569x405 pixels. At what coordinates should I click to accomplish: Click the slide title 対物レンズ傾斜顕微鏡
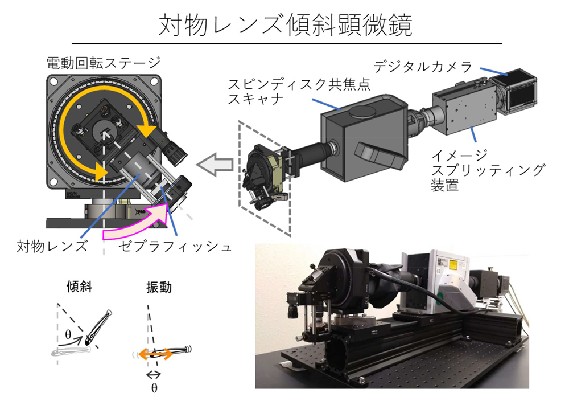pyautogui.click(x=284, y=23)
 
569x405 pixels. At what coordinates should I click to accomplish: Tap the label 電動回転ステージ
pyautogui.click(x=104, y=62)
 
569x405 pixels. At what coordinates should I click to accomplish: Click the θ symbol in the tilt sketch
pyautogui.click(x=68, y=336)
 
